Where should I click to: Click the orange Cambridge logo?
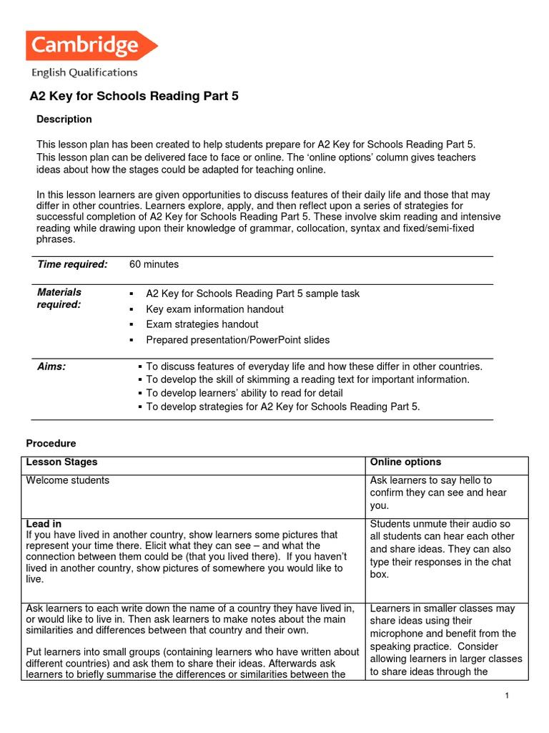[91, 45]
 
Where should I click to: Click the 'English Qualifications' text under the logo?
[84, 72]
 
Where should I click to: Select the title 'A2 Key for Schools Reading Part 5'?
[133, 96]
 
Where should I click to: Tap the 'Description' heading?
[64, 119]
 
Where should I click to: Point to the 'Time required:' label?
[72, 264]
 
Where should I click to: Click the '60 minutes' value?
[154, 264]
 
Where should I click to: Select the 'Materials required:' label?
[59, 298]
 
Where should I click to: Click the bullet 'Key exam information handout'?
[214, 309]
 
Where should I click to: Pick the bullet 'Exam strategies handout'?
[202, 324]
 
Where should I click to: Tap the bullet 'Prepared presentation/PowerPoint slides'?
[237, 340]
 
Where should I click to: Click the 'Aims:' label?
[51, 366]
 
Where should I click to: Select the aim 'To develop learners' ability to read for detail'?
[244, 393]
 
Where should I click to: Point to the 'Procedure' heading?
[51, 443]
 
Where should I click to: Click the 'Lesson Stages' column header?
[61, 462]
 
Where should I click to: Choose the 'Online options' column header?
[405, 462]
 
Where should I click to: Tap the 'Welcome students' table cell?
[68, 480]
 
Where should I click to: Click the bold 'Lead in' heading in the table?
[44, 524]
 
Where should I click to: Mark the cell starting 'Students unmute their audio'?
[442, 549]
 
